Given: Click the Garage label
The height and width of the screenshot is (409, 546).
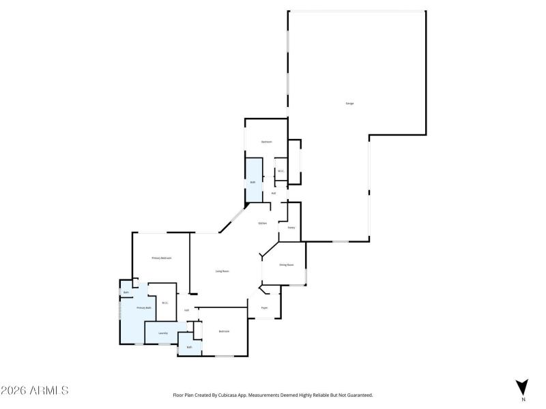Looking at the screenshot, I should coord(349,103).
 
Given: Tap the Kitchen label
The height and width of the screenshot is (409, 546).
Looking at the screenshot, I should coord(262,224).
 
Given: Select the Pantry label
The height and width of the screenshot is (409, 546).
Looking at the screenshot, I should coord(291,228).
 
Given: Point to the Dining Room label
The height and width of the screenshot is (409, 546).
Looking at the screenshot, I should coord(286,264).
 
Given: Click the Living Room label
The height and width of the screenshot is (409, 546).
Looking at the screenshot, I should coord(222,271).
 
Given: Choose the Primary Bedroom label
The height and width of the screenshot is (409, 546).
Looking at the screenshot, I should coord(161,258).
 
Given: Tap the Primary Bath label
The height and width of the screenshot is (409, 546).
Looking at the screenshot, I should coord(144,308).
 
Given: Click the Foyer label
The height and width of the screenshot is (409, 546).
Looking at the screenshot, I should coord(264,308).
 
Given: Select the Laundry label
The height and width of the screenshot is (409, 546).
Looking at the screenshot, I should coord(163,333).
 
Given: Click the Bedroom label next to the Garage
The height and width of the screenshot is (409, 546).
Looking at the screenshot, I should coord(266,142).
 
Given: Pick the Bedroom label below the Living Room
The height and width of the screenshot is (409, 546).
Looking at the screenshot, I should coord(224,331).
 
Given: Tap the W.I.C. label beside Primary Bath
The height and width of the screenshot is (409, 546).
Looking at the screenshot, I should coord(165,303).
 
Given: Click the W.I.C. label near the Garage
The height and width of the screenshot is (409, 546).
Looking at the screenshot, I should coord(281,171).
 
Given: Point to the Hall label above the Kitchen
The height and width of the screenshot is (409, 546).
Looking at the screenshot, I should coord(274,193).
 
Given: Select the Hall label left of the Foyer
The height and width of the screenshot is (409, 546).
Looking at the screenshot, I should coord(186,311).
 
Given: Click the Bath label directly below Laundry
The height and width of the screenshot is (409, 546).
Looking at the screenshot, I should coord(189,347).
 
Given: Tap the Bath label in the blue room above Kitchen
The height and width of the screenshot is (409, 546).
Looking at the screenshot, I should coord(253,182).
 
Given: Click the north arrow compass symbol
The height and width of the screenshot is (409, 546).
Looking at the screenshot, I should coord(522,387).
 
